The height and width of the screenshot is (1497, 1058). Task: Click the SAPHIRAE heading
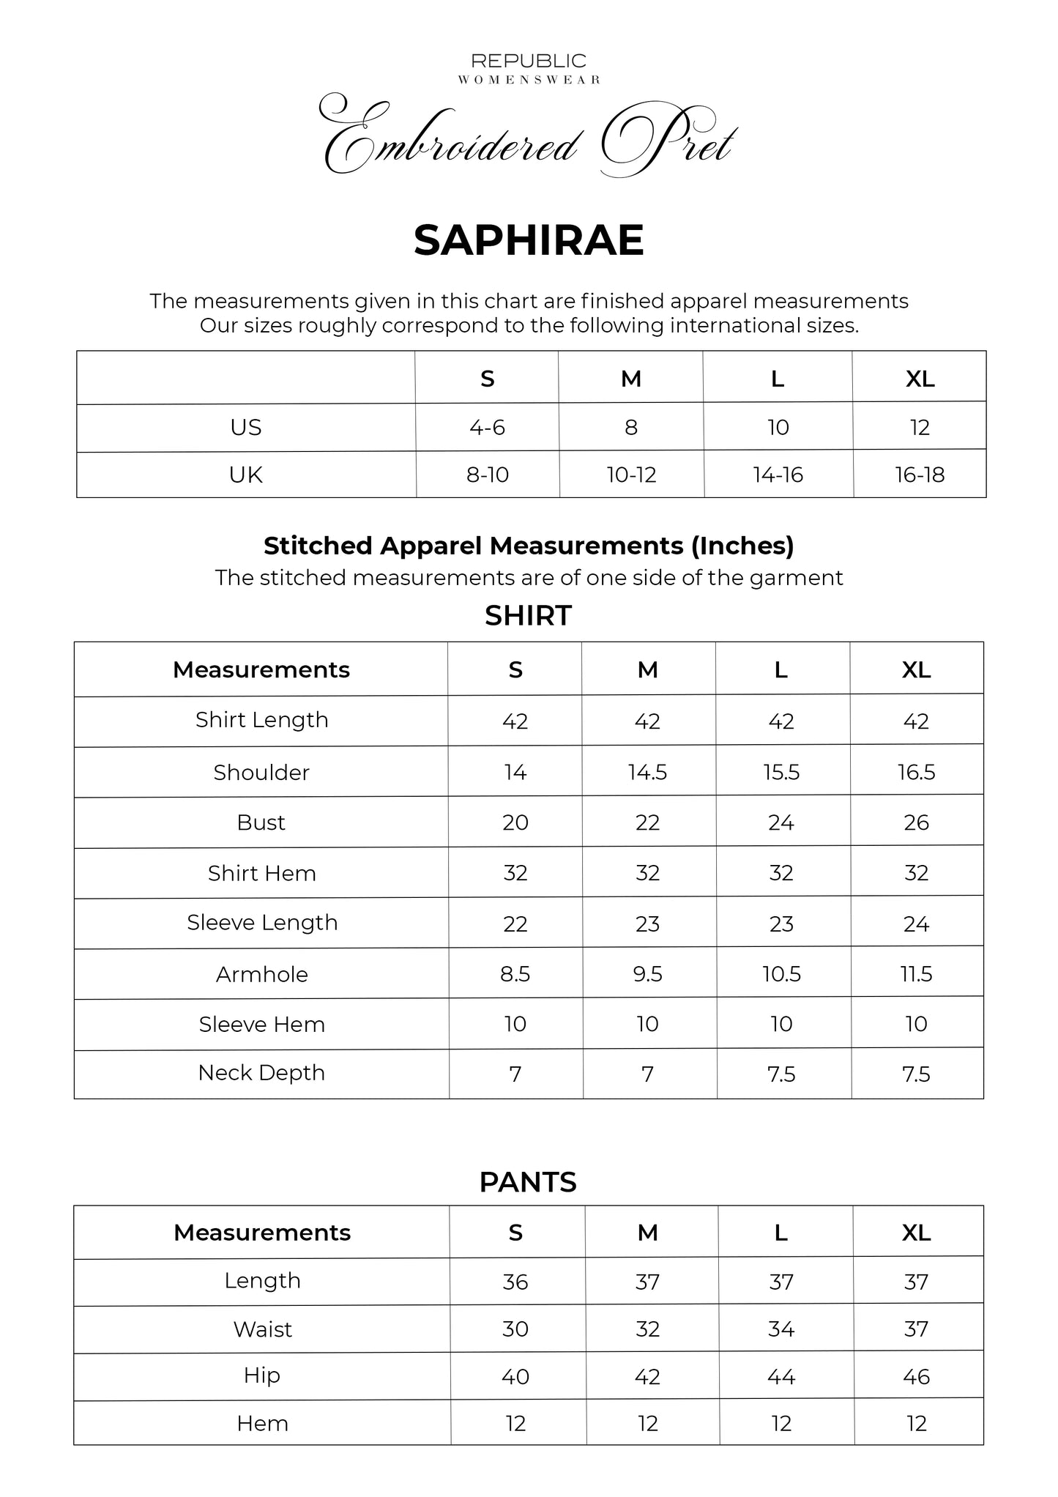pyautogui.click(x=529, y=240)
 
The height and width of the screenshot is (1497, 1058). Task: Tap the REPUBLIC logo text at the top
pyautogui.click(x=529, y=61)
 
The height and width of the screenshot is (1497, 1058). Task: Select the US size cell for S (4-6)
pyautogui.click(x=488, y=427)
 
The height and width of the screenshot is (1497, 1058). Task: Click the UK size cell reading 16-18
pyautogui.click(x=920, y=475)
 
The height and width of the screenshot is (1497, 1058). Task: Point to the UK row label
pyautogui.click(x=246, y=475)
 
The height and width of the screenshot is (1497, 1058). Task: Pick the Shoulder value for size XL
pyautogui.click(x=916, y=772)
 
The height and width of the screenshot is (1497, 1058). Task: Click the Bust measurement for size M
pyautogui.click(x=647, y=822)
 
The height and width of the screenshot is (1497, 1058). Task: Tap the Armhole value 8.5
pyautogui.click(x=515, y=974)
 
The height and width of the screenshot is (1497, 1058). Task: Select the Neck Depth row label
pyautogui.click(x=261, y=1073)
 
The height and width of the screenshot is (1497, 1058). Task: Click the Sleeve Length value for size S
pyautogui.click(x=515, y=924)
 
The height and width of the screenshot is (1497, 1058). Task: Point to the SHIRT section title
pyautogui.click(x=528, y=616)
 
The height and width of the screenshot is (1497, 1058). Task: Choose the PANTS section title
pyautogui.click(x=528, y=1182)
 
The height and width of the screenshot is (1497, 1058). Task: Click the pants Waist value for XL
pyautogui.click(x=916, y=1329)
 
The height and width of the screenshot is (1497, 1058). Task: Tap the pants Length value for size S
pyautogui.click(x=515, y=1282)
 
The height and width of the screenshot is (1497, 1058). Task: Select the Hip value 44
pyautogui.click(x=781, y=1377)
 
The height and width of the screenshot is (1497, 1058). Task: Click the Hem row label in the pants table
pyautogui.click(x=262, y=1424)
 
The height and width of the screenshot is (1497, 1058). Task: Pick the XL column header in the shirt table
pyautogui.click(x=916, y=669)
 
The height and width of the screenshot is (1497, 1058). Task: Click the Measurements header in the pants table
pyautogui.click(x=262, y=1233)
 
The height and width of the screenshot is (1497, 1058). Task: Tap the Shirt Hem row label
pyautogui.click(x=261, y=873)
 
